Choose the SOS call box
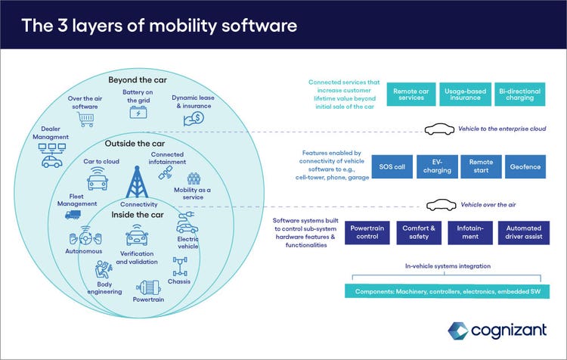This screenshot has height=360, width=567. coord(393,166)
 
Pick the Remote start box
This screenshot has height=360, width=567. coord(482,166)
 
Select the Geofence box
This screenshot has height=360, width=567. coord(525,166)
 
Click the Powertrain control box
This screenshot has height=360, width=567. coord(365,233)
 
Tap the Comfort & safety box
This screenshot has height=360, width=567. coord(417,233)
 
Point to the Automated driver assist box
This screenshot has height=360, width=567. coord(523,233)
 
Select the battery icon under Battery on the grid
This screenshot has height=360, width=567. coord(138,112)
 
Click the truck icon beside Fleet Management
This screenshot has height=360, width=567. coord(72,214)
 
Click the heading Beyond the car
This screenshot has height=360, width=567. coord(138,79)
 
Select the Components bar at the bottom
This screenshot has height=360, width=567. coord(452,291)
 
